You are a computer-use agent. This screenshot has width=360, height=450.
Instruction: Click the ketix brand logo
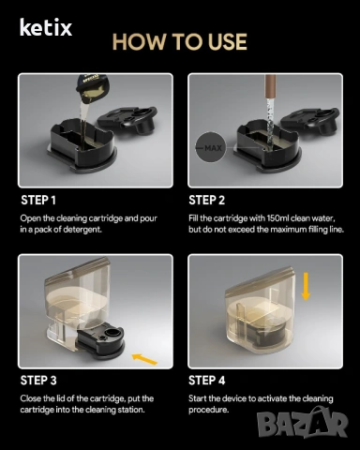(46, 27)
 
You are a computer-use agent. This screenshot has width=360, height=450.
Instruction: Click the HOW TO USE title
(180, 41)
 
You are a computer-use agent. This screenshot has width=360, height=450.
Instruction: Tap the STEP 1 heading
(38, 201)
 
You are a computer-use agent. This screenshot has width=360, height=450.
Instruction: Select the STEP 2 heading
(206, 201)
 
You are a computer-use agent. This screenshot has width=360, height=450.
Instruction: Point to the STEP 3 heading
(38, 381)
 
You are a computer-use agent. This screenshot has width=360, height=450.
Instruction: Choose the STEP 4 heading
(206, 381)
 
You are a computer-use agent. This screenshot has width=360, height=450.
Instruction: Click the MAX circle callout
(211, 147)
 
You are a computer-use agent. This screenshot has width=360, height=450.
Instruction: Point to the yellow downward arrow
(306, 286)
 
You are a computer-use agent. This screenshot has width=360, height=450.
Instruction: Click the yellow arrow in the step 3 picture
(144, 359)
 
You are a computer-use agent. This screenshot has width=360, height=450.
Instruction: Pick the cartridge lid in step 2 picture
(310, 121)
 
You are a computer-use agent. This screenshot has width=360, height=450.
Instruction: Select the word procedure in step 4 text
(208, 410)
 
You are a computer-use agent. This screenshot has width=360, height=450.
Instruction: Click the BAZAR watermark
(303, 424)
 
